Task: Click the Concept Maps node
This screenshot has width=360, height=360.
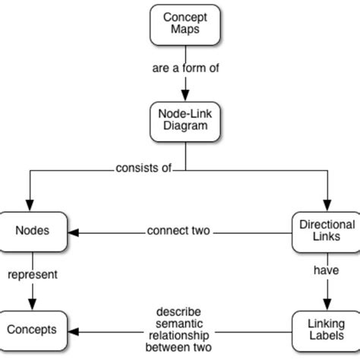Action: pyautogui.click(x=185, y=25)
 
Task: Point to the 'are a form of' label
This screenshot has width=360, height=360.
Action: pyautogui.click(x=185, y=68)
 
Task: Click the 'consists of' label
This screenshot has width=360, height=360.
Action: pyautogui.click(x=143, y=169)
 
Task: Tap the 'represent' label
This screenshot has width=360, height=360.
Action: pyautogui.click(x=33, y=275)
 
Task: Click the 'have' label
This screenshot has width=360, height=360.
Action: pyautogui.click(x=326, y=269)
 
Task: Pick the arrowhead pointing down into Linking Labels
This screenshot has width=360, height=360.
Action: pyautogui.click(x=327, y=303)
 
